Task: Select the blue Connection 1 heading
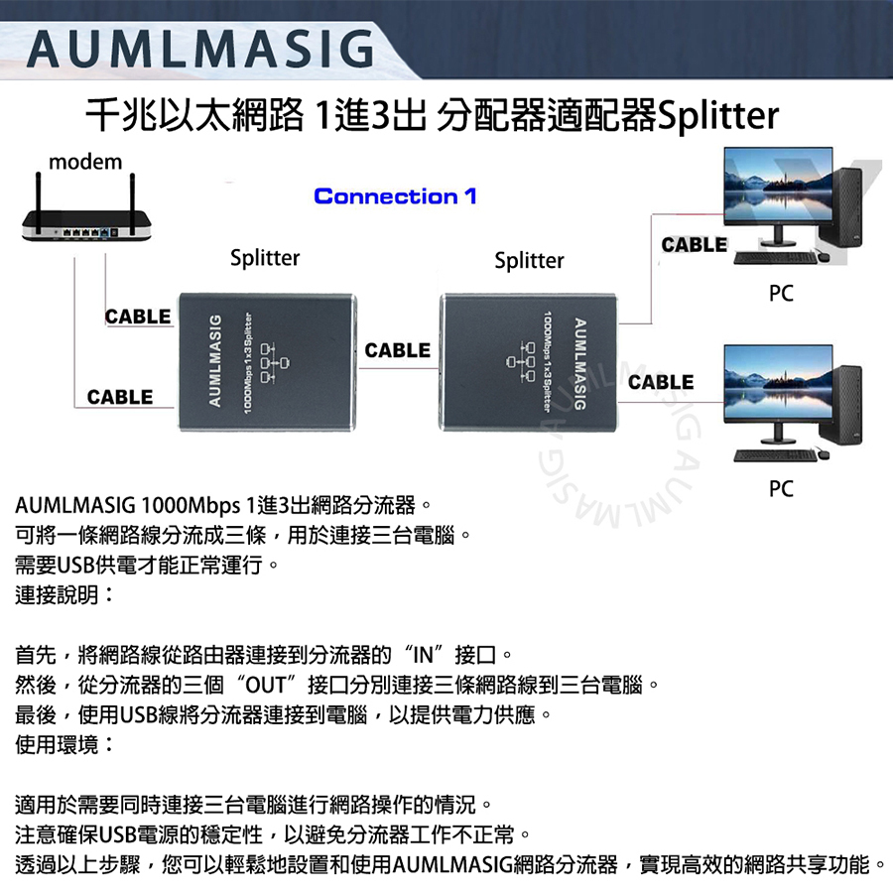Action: [x=395, y=196]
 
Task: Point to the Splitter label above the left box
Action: [x=265, y=258]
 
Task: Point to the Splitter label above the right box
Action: [x=529, y=260]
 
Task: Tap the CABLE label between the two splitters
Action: [x=398, y=350]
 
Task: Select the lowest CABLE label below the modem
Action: [x=120, y=397]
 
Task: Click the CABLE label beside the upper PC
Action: [x=695, y=244]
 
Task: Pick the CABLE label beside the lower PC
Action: [x=661, y=382]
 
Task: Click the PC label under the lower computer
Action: [x=781, y=489]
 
